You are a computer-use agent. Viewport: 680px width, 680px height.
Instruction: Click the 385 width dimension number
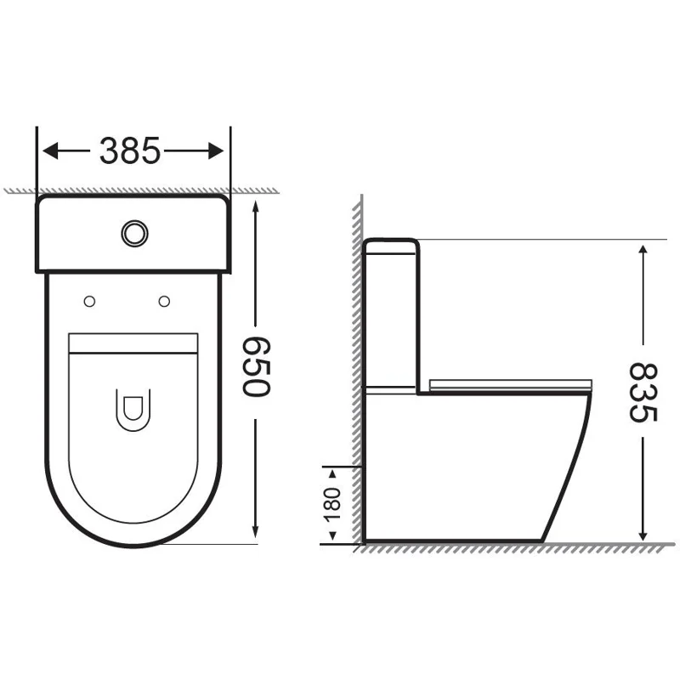[130, 151]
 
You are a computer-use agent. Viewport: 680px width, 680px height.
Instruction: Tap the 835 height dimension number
[643, 393]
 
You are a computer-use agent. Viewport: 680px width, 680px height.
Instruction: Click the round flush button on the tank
[133, 232]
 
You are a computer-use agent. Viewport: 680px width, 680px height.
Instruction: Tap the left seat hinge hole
[89, 300]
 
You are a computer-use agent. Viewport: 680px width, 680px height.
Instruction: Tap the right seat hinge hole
[164, 300]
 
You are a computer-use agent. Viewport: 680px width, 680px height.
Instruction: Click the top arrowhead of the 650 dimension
[255, 204]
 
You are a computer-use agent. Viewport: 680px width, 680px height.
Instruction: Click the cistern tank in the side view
[391, 314]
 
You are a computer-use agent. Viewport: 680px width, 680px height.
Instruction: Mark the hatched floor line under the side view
[510, 548]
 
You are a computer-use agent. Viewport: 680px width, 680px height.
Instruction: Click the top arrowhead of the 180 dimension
[332, 471]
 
